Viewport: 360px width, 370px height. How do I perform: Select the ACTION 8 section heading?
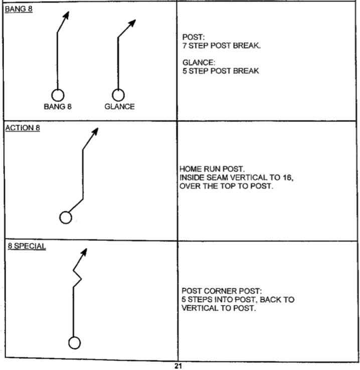pos(22,128)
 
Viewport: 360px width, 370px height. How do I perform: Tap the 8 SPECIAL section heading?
pos(26,246)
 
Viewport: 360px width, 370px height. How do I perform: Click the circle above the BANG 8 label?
pos(58,95)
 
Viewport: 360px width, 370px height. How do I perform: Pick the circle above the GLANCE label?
pos(118,95)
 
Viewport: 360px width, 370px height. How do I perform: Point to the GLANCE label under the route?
pos(119,106)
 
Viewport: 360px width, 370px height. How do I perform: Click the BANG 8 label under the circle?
pos(58,106)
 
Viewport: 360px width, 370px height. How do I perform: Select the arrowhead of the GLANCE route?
pos(133,22)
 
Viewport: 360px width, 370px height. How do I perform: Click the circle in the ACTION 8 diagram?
pos(66,217)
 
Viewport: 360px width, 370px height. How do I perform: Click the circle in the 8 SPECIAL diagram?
pos(74,343)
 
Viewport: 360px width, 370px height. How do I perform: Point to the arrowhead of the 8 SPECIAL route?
pos(85,251)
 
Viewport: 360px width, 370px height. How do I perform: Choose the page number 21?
pos(177,366)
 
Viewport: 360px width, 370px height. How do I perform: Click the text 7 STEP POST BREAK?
pos(222,46)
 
